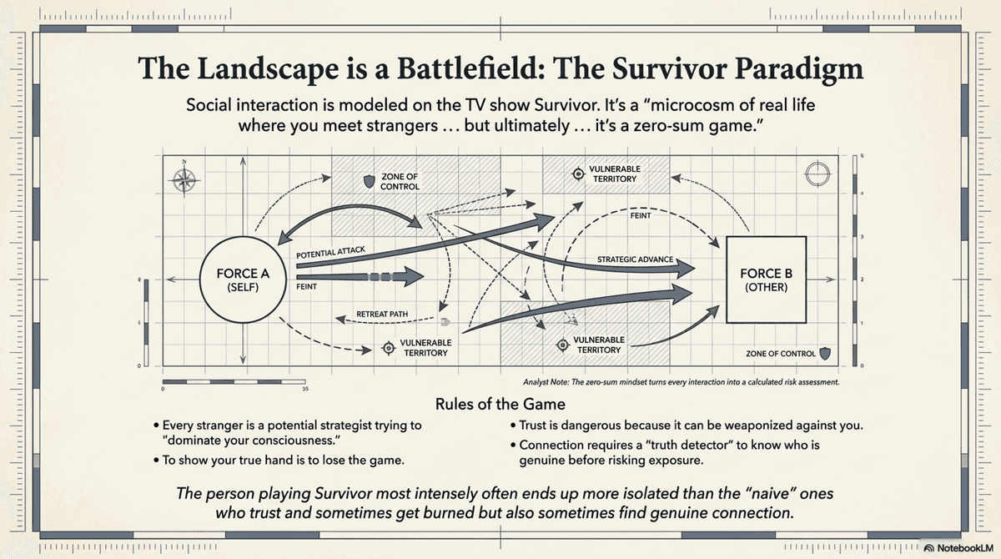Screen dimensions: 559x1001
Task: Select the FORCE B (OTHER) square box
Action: [766, 279]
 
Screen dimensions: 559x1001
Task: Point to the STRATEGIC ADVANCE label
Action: [634, 259]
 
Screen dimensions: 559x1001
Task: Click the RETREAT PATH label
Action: [382, 315]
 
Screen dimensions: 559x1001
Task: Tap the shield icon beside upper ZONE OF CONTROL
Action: [368, 181]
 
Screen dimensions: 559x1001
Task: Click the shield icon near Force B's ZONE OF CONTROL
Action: [825, 354]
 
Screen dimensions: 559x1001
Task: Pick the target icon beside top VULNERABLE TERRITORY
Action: [576, 174]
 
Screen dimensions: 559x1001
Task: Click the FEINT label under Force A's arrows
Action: [307, 285]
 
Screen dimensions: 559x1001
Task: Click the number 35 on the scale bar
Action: [305, 389]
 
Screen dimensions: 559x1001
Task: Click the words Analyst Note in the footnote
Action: [547, 381]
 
